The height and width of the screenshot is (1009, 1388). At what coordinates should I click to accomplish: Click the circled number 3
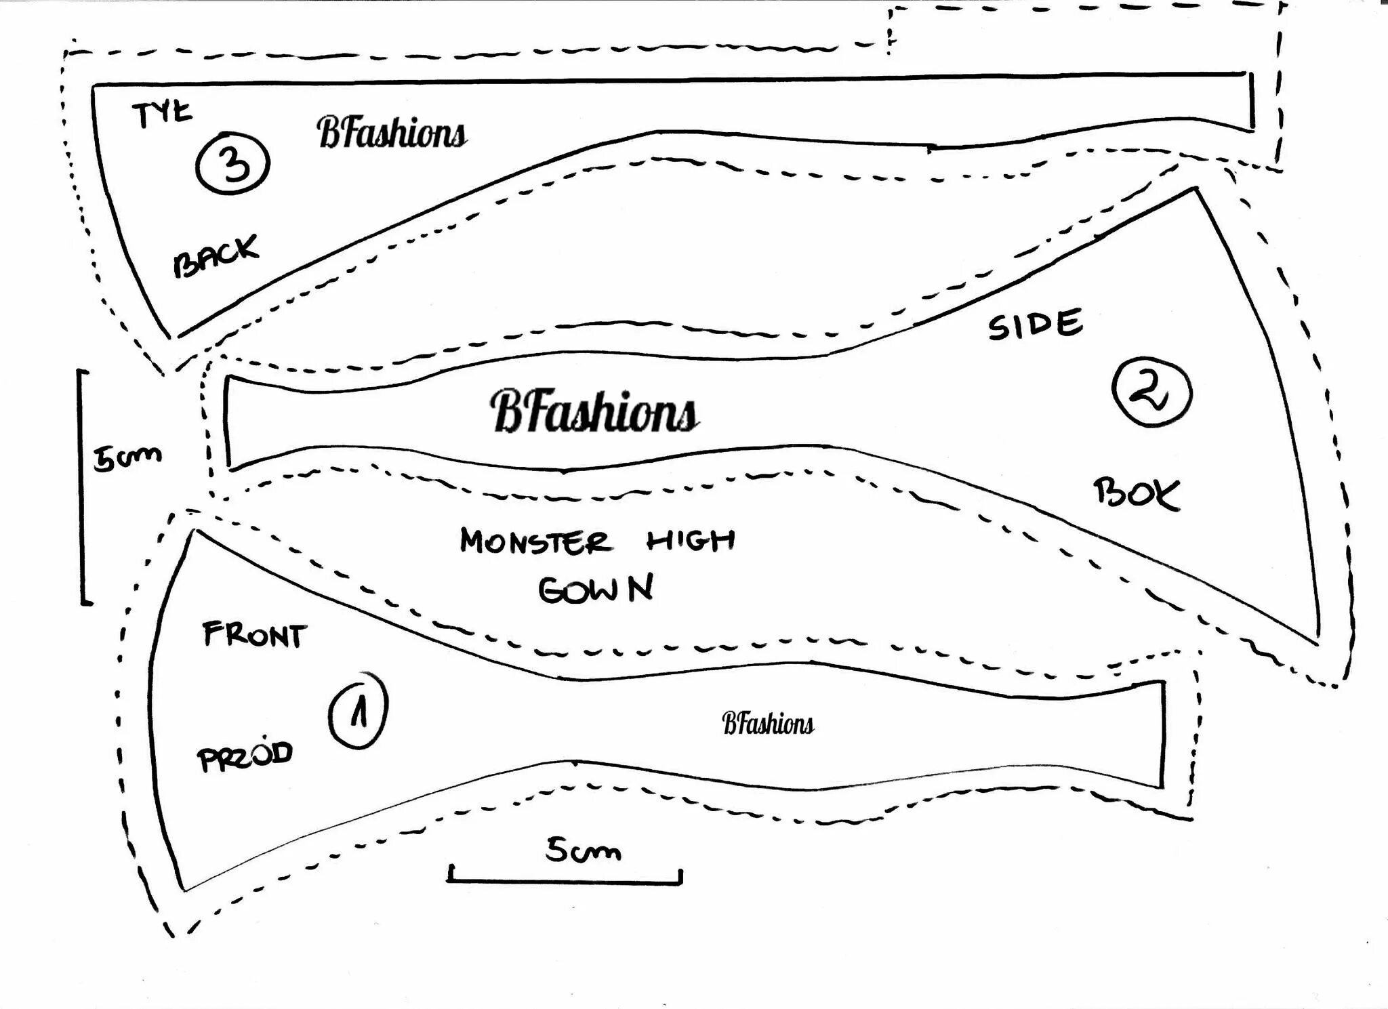click(233, 163)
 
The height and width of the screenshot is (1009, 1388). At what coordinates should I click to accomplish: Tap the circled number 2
click(1151, 392)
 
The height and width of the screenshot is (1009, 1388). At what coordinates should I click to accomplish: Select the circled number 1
click(358, 711)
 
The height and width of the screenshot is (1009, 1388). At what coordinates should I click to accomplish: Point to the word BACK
click(216, 255)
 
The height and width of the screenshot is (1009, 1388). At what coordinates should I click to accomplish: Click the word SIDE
click(1035, 325)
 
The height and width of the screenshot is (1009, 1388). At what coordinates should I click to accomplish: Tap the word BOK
click(1137, 493)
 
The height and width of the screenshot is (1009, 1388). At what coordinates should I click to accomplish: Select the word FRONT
click(254, 635)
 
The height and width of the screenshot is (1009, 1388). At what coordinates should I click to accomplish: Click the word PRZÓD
click(245, 756)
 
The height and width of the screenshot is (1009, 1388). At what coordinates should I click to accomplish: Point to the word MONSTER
click(535, 542)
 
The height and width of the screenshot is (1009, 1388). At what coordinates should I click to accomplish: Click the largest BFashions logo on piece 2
click(594, 411)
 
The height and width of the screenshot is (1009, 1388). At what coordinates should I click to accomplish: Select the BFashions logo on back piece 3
click(392, 132)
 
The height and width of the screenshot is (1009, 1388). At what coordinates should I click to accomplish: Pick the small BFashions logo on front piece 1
click(767, 724)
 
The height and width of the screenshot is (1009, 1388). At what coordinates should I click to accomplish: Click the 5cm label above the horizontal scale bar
click(583, 850)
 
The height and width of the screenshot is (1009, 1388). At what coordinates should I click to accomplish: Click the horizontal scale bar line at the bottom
click(564, 882)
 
